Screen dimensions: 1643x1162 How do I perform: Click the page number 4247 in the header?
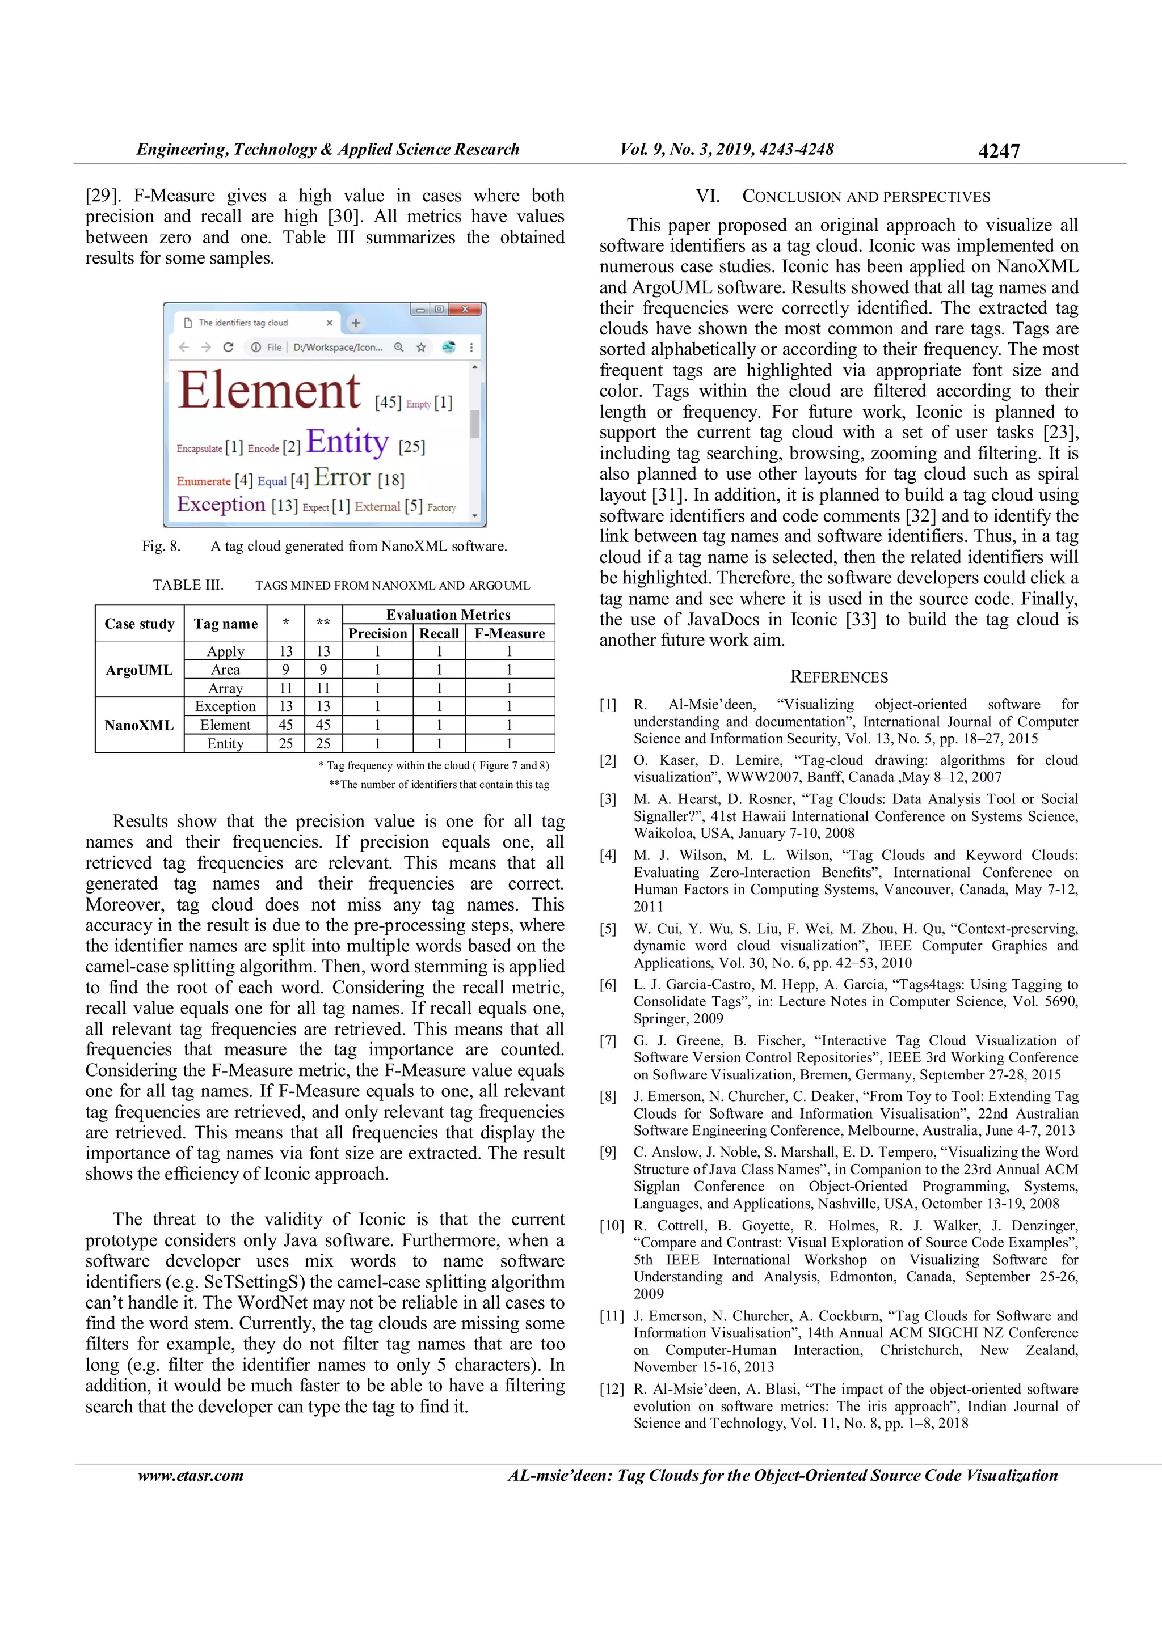coord(998,151)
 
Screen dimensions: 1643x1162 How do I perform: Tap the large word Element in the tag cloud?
coord(269,391)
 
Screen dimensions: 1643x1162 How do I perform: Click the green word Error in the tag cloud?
coord(342,477)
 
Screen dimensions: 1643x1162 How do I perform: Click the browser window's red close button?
coord(465,309)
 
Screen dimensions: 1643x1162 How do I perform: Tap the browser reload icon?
coord(229,347)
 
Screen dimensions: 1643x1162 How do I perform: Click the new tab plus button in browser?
coord(356,323)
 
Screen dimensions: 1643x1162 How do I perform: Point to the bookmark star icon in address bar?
coord(421,347)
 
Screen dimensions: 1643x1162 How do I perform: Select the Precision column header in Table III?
coord(377,633)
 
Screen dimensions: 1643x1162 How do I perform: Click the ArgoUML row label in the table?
coord(139,670)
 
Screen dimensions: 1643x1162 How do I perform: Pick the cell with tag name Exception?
coord(225,706)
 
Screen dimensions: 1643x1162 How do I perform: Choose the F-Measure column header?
coord(509,633)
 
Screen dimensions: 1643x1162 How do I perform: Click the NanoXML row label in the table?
coord(139,725)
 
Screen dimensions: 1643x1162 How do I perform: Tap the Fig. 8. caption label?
coord(161,546)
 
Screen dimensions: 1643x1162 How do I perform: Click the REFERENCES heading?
coord(839,677)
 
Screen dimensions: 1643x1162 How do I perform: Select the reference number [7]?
coord(607,1040)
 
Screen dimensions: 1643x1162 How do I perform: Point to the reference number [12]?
coord(611,1389)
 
